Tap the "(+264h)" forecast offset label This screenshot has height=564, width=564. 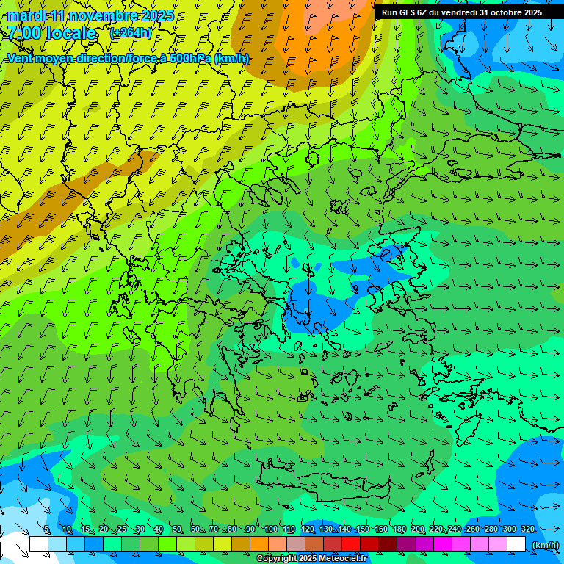(131, 32)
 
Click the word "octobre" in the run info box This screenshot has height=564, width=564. (499, 12)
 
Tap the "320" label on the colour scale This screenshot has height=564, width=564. (527, 529)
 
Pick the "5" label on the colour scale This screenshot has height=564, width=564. (47, 529)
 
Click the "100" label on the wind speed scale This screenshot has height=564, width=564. (270, 529)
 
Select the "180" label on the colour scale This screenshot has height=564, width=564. (399, 529)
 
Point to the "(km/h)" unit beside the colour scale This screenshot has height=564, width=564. (545, 544)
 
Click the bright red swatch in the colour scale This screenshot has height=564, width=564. (351, 544)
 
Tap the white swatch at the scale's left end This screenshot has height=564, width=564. (38, 544)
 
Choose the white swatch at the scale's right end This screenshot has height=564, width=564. (517, 544)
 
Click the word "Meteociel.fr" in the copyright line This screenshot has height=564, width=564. (343, 559)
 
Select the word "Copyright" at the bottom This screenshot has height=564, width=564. (276, 559)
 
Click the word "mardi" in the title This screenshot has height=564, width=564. (26, 15)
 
